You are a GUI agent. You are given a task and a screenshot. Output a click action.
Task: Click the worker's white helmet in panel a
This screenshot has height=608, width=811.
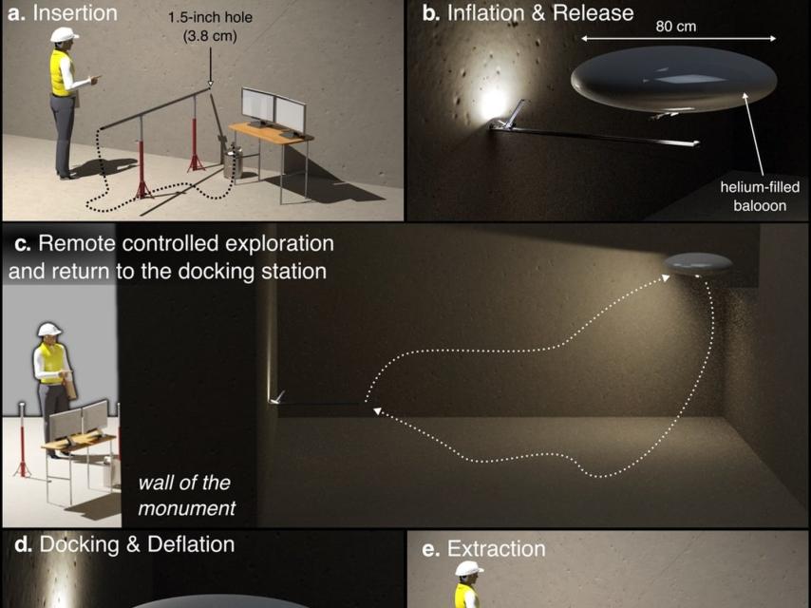[65, 35]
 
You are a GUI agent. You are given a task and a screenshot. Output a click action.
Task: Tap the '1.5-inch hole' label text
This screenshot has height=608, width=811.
[210, 17]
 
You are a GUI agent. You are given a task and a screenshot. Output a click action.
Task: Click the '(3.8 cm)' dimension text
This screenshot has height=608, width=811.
[210, 36]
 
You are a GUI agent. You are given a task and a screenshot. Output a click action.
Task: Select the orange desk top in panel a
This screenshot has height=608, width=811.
[271, 132]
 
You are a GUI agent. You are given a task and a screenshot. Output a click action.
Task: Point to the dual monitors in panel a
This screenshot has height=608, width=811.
[273, 108]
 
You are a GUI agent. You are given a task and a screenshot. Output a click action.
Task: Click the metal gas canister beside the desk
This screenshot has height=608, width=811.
[233, 161]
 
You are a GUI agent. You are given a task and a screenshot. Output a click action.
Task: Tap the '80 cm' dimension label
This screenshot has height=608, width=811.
[675, 27]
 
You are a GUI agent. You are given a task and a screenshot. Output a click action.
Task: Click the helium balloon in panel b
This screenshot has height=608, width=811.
[673, 79]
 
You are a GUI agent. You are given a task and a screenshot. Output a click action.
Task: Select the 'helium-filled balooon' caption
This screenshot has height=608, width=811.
[760, 196]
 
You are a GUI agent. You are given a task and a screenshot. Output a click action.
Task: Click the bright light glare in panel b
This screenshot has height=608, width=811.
[492, 103]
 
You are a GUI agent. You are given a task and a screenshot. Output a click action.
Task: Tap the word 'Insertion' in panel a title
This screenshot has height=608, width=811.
[75, 13]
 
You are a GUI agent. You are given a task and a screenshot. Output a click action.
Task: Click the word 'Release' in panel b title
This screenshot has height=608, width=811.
[593, 13]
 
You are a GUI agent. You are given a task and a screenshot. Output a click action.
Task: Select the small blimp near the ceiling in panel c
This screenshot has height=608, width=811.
[698, 264]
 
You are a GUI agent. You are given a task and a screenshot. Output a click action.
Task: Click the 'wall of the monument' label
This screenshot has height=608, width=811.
[186, 496]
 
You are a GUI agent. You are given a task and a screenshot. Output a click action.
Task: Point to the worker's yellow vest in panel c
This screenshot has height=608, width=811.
[51, 363]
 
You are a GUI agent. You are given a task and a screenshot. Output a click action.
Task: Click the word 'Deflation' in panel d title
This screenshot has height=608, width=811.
[191, 544]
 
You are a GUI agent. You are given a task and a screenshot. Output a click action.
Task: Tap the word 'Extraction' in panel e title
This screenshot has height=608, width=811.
[496, 549]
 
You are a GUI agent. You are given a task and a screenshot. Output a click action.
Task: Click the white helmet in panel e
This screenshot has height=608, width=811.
[468, 569]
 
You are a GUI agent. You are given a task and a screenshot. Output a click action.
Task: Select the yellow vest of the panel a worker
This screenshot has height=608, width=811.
[61, 73]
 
